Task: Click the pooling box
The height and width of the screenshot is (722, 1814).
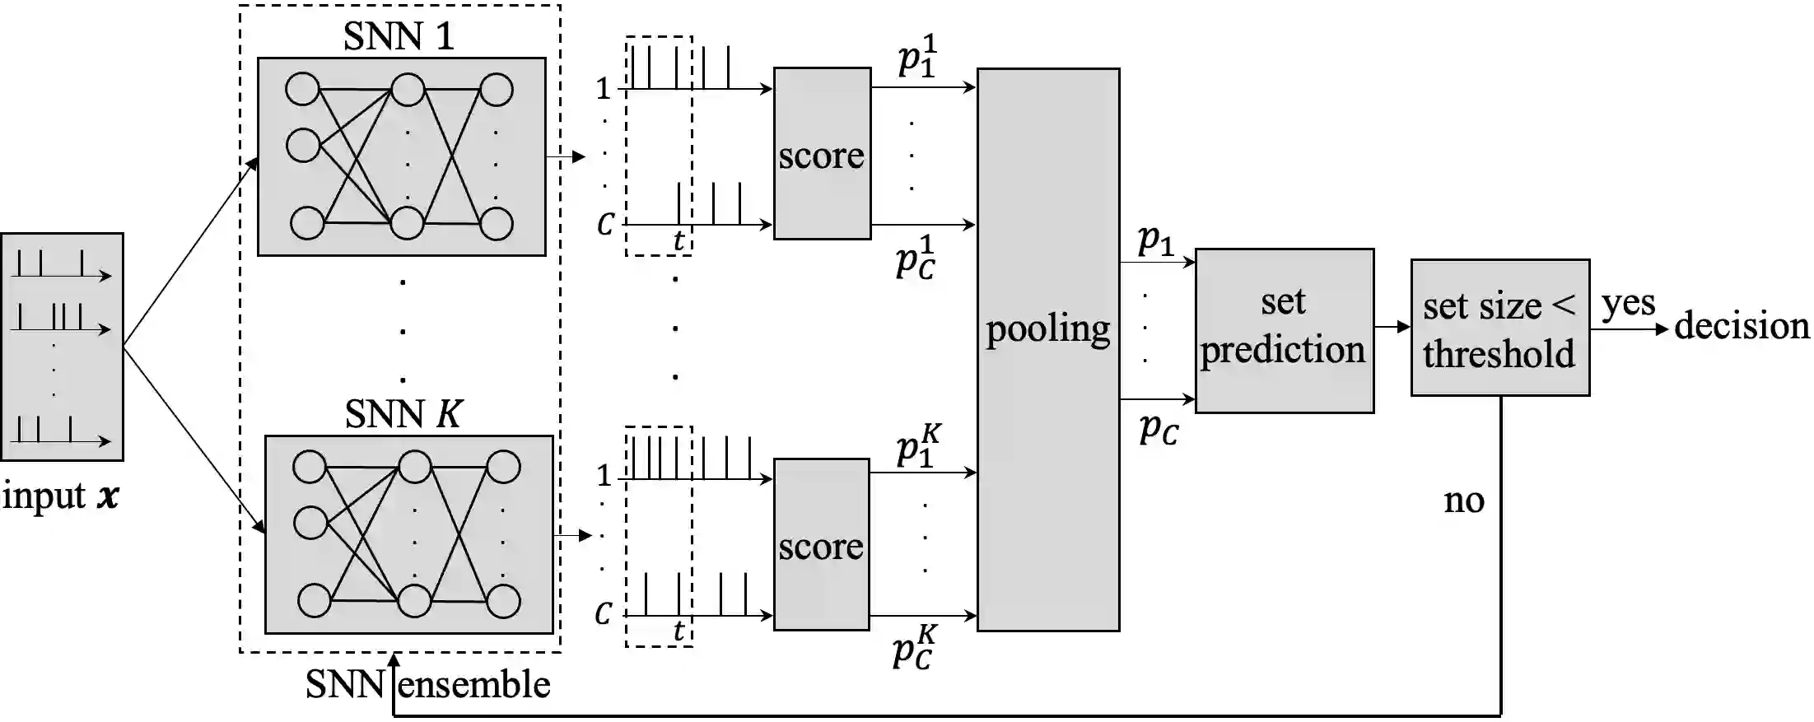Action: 1047,350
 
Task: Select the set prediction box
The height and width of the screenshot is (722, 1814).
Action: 1284,329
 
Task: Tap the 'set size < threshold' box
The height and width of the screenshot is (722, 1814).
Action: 1499,328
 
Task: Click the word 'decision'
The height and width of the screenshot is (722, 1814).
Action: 1742,326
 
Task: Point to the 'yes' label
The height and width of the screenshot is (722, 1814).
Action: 1628,304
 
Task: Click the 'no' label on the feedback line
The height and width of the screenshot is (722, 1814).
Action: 1464,501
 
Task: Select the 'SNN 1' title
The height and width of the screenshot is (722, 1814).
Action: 399,36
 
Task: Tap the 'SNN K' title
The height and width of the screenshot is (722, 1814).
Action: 403,414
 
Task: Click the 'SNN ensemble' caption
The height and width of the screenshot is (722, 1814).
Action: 427,685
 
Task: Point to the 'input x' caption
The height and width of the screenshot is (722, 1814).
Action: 60,496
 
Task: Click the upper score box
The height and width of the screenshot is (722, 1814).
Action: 822,154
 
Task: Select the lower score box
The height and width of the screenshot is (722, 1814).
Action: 821,544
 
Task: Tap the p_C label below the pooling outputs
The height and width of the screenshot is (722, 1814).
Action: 1159,429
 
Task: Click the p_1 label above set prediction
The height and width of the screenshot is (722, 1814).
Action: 1155,240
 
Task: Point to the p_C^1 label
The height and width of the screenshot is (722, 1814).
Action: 916,257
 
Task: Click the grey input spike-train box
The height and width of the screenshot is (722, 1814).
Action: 63,346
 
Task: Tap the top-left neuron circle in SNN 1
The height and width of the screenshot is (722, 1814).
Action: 302,89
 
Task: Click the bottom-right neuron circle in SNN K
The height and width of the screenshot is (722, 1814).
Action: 502,601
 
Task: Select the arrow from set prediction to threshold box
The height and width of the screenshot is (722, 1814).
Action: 1392,327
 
